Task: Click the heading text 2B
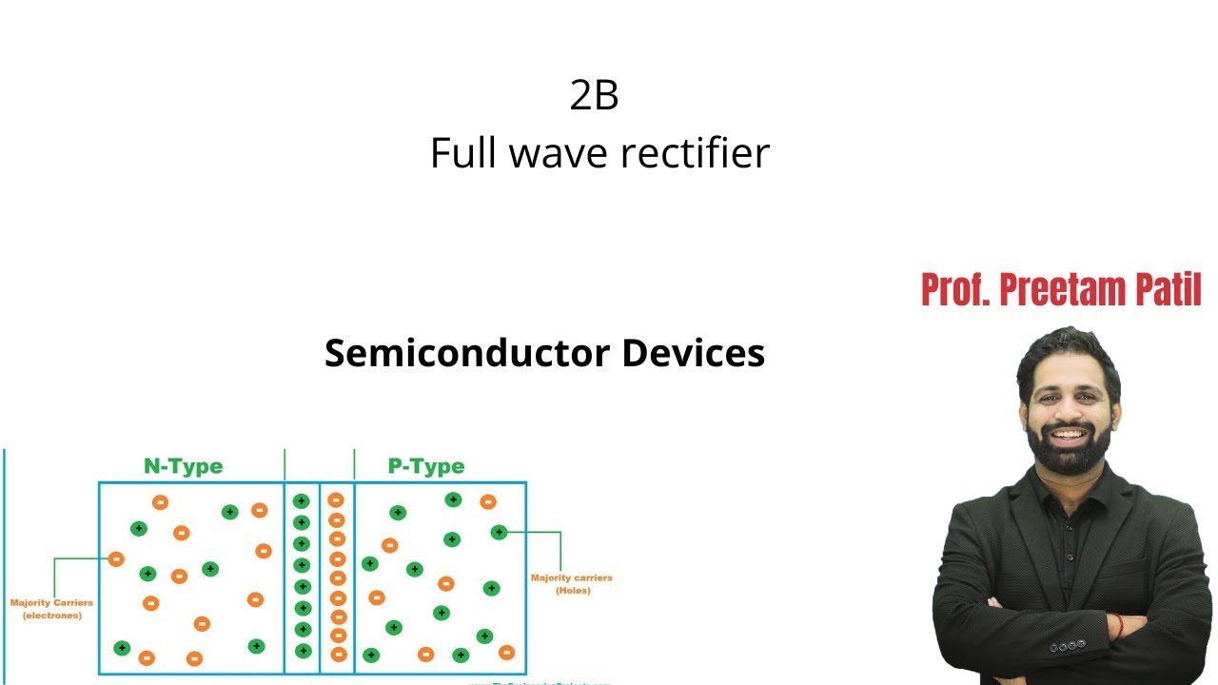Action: pos(595,95)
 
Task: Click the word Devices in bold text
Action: pos(693,353)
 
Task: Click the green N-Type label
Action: pos(183,466)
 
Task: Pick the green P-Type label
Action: pos(426,466)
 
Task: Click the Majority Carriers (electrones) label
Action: pos(51,609)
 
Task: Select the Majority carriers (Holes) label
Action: pos(571,584)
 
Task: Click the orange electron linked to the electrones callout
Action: pos(116,559)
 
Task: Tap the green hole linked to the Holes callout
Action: pos(499,532)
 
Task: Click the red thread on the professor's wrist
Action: pos(1119,626)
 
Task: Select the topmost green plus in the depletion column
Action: pos(302,501)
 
